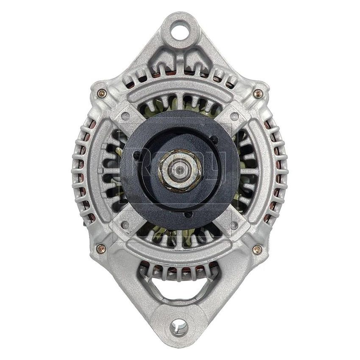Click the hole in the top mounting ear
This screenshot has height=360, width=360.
(180, 30)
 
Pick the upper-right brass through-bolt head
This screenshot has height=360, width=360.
(258, 94)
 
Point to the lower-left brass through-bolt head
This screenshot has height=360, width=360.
(101, 249)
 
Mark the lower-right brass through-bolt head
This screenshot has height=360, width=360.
(257, 249)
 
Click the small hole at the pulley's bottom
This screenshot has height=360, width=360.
(186, 215)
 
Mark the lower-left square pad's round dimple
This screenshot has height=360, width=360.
(125, 224)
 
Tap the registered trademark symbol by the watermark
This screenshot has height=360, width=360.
(242, 121)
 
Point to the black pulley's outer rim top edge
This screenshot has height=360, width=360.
(180, 111)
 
